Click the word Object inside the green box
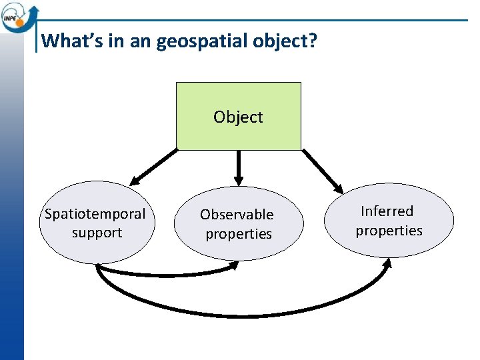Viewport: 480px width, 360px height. (238, 117)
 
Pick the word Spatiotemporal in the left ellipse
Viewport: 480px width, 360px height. (95, 214)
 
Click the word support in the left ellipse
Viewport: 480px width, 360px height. (97, 233)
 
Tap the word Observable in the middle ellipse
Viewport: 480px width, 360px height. (237, 215)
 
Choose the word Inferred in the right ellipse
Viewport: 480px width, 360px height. (387, 211)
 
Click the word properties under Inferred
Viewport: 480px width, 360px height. (389, 231)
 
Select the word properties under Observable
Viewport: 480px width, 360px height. (239, 234)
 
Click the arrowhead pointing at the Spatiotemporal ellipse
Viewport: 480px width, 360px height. (135, 179)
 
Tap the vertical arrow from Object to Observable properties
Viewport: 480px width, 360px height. (239, 167)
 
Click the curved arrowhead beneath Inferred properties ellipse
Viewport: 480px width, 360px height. (387, 263)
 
